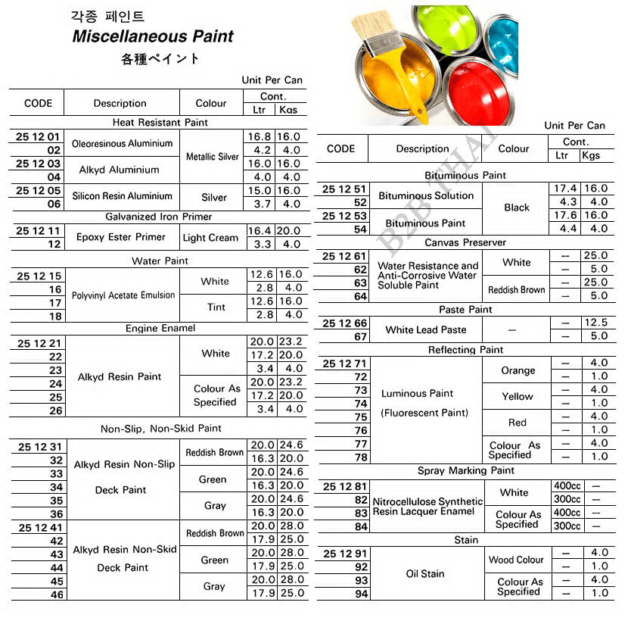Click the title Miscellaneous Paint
(x=152, y=36)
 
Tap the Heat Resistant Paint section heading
(x=160, y=122)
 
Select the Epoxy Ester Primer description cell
(x=120, y=237)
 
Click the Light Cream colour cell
(x=210, y=238)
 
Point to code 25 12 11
(x=38, y=230)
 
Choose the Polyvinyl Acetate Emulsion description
(x=123, y=295)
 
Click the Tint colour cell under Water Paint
(x=215, y=307)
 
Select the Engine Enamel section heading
(x=160, y=328)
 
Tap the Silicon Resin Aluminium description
(x=123, y=196)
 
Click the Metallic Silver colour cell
(x=213, y=157)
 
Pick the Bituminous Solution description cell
(x=426, y=195)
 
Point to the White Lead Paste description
(x=426, y=329)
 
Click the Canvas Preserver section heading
(x=465, y=242)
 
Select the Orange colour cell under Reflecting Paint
(x=518, y=370)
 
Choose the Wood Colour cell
(x=516, y=560)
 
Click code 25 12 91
(x=344, y=554)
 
